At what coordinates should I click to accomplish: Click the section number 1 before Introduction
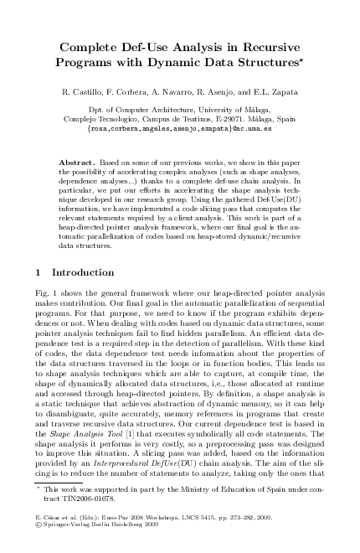point(42,272)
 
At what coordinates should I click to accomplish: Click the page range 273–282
point(246,518)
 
